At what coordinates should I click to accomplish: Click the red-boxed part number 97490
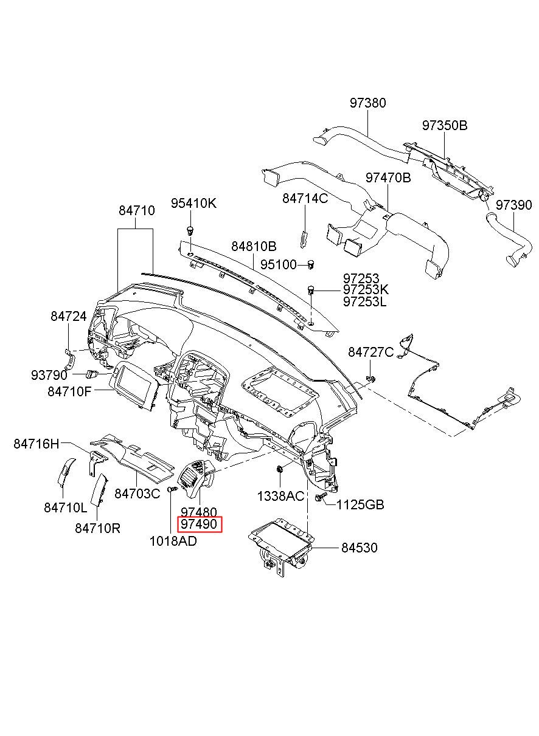[200, 524]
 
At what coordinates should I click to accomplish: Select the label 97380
[367, 103]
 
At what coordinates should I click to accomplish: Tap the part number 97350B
[445, 126]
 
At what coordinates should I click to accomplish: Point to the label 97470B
[388, 177]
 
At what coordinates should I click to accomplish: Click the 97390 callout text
[513, 205]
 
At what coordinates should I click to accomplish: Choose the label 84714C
[305, 198]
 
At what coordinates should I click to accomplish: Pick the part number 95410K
[193, 204]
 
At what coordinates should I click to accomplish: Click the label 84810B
[254, 246]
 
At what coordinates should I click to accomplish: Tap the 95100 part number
[279, 264]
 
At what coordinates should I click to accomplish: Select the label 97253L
[364, 301]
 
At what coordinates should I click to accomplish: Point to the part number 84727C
[371, 353]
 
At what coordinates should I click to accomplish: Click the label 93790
[49, 375]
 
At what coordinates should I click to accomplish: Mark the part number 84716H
[36, 444]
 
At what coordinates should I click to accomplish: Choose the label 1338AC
[280, 496]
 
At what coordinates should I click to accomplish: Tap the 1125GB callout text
[360, 504]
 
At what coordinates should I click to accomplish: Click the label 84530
[360, 548]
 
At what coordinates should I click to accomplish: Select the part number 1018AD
[173, 541]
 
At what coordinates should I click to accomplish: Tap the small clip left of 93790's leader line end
[91, 374]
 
